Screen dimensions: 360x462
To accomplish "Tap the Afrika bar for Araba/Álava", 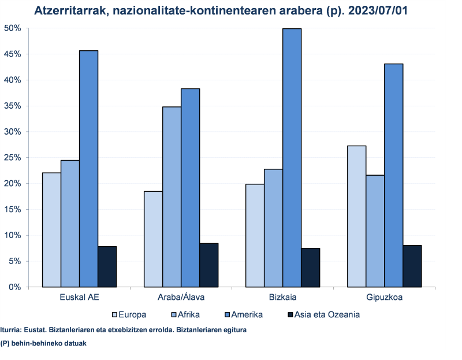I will (x=172, y=197).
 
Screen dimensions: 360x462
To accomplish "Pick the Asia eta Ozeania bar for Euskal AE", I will (x=107, y=266).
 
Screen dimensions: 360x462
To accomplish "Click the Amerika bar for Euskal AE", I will (x=88, y=169).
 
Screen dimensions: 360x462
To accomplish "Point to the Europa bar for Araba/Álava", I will (x=153, y=239).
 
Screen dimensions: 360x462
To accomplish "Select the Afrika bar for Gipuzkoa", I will (x=375, y=231).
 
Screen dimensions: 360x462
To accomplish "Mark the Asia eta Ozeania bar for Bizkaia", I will (x=310, y=268).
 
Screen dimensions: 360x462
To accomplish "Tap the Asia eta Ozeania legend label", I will (x=327, y=315).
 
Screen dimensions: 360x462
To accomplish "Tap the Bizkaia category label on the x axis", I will (x=282, y=298).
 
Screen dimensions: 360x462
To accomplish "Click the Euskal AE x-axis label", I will (x=79, y=298).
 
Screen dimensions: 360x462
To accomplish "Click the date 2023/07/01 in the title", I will (x=384, y=10).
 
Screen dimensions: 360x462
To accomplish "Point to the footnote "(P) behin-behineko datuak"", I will (x=43, y=343).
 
